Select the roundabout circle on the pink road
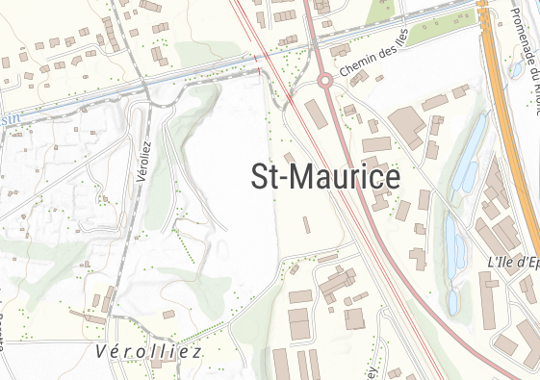325,81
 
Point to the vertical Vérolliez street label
146,161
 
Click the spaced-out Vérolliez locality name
149,352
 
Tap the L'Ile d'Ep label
513,262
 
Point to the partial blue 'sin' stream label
10,117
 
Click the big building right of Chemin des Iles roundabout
407,126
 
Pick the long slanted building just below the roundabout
317,114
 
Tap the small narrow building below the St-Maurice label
306,225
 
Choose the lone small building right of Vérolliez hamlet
168,314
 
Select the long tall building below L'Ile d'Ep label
488,298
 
